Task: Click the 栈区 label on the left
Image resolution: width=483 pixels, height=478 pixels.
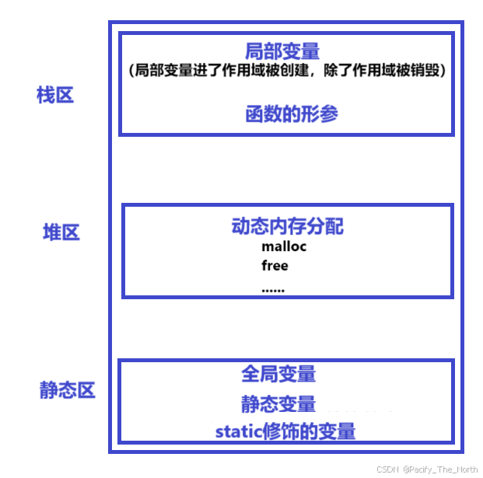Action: click(x=55, y=96)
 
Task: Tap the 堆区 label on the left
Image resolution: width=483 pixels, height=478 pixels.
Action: click(x=61, y=232)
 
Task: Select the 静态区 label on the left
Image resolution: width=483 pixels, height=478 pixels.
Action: click(x=67, y=390)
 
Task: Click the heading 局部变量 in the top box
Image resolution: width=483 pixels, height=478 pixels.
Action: click(x=282, y=51)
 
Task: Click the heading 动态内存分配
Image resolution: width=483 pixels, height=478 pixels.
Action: click(x=288, y=226)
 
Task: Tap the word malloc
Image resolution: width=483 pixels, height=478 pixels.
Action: click(x=284, y=247)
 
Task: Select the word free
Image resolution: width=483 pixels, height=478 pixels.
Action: click(x=275, y=266)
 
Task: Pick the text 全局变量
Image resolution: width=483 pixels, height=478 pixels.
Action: click(x=278, y=374)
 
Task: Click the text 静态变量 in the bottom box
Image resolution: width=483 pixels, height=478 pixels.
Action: click(x=278, y=404)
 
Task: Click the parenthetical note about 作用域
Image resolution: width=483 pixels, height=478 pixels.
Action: click(x=286, y=71)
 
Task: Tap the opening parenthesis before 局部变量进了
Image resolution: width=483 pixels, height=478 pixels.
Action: click(x=132, y=71)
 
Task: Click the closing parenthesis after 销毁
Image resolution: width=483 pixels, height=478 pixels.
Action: click(x=442, y=71)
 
